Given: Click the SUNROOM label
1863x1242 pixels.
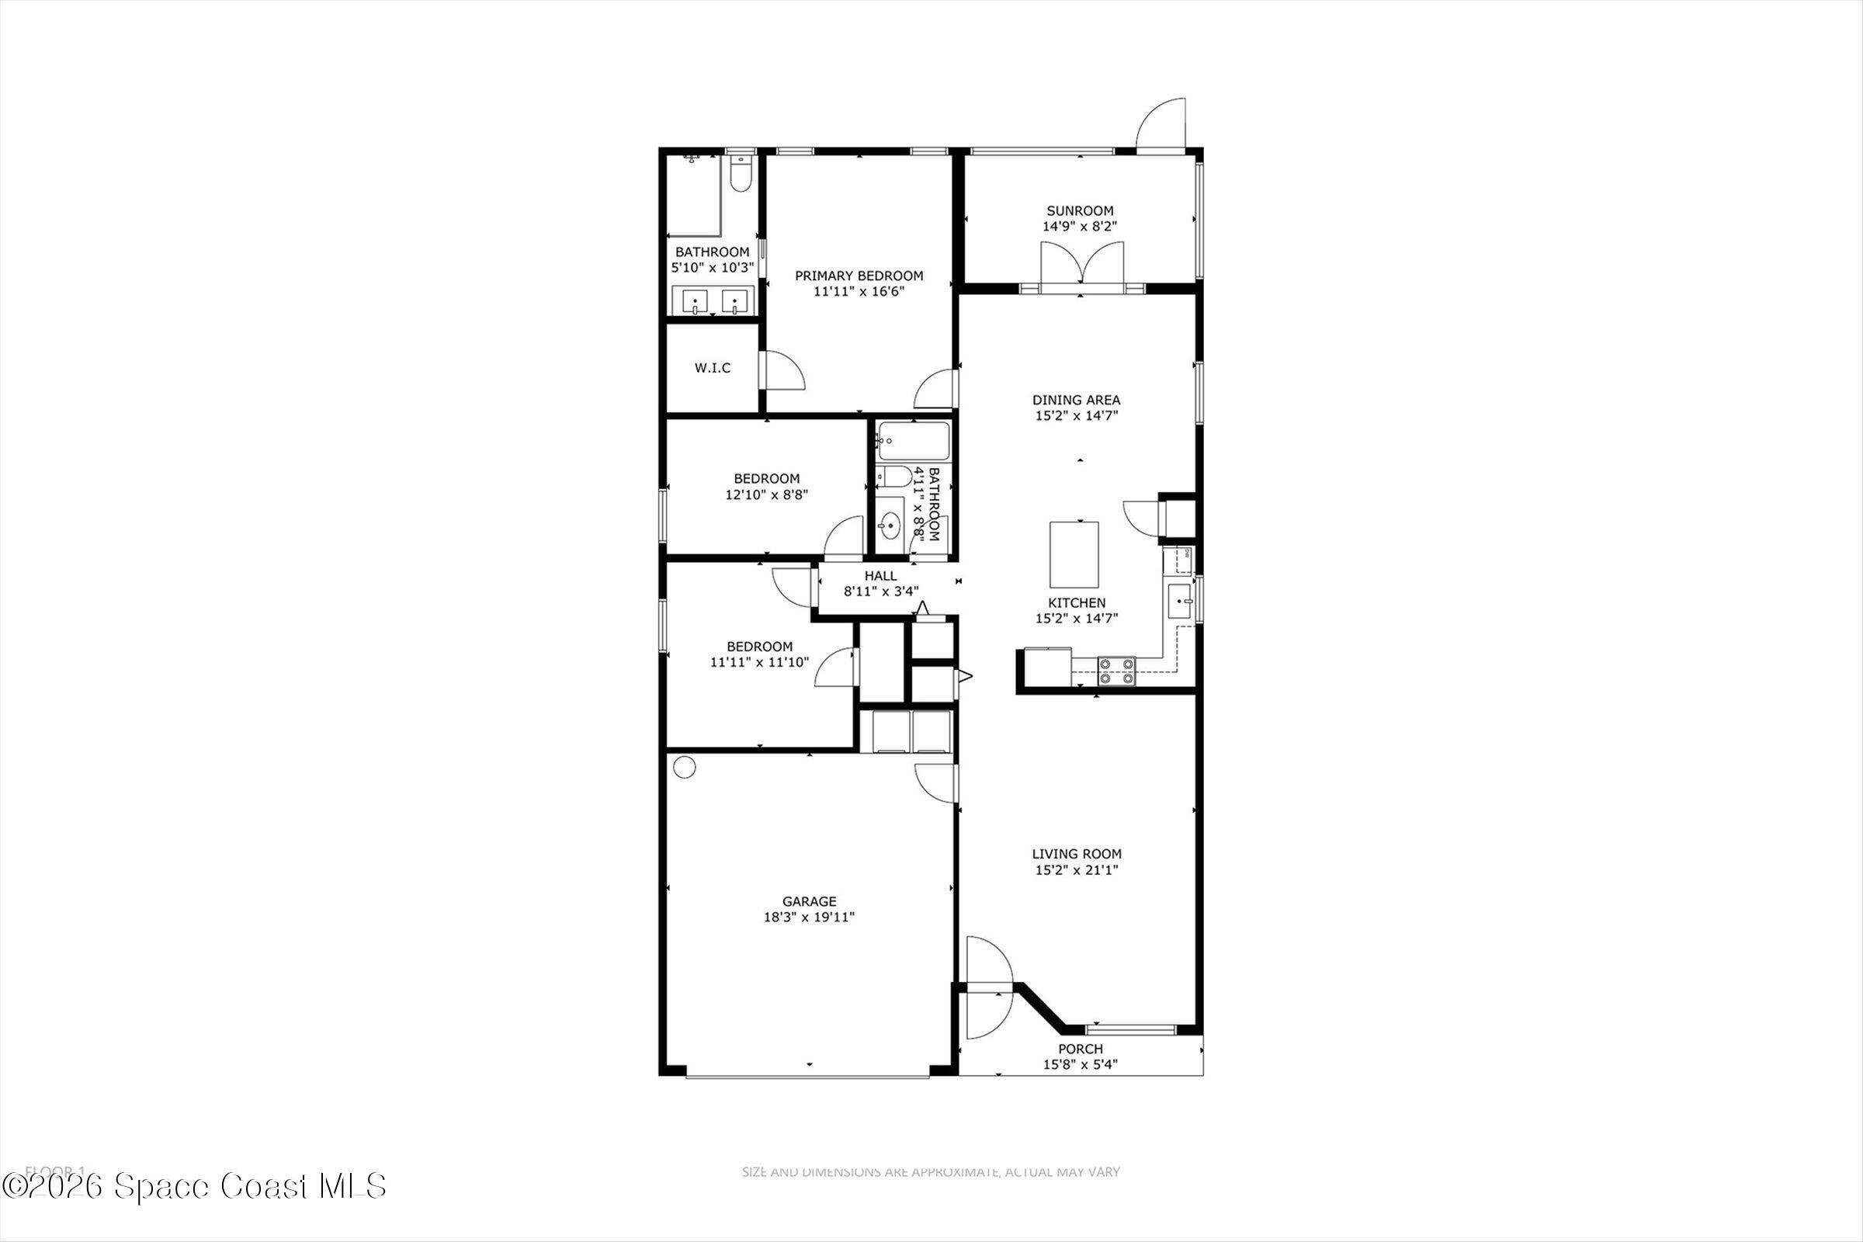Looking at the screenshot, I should [x=1080, y=210].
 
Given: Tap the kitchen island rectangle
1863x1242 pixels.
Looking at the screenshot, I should [x=1074, y=551].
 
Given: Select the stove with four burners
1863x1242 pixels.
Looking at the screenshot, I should [x=1116, y=671].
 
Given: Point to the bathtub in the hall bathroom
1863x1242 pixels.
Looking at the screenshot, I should [x=914, y=441].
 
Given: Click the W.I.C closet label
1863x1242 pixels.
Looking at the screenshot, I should [x=712, y=368].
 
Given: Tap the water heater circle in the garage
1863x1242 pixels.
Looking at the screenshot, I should [x=685, y=767].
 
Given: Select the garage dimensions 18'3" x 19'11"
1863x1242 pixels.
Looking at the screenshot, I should [x=809, y=918].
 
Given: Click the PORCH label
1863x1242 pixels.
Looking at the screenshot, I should [x=1081, y=1049].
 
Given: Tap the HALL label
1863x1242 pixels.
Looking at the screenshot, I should [x=881, y=576].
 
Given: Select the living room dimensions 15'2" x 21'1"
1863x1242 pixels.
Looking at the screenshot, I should [x=1077, y=869].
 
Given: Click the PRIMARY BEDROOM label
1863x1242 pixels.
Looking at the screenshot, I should [x=859, y=276].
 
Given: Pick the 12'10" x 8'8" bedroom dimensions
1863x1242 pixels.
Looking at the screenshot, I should [x=766, y=494].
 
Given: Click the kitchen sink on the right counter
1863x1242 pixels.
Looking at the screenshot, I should [x=1179, y=601].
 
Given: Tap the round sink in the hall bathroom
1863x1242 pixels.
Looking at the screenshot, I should [x=890, y=525].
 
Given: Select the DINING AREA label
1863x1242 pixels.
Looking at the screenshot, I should [x=1076, y=400].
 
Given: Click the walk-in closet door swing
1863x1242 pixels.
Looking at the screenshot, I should [x=782, y=371].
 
